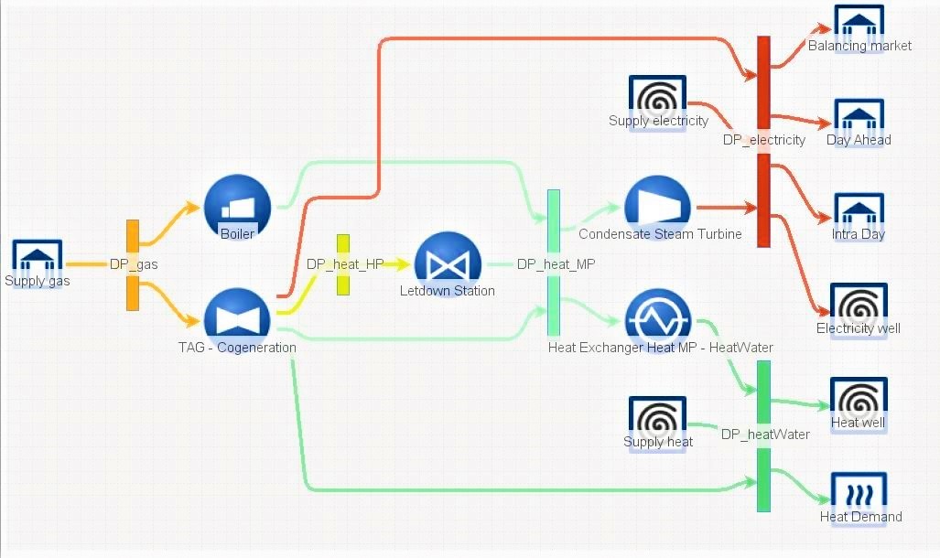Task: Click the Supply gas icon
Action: [38, 259]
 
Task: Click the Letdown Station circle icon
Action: [448, 263]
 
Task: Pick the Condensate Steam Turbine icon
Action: [657, 207]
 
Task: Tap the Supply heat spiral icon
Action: [657, 419]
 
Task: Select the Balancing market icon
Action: [859, 24]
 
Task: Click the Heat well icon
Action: [859, 400]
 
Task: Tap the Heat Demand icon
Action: [859, 494]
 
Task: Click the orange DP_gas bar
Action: [133, 265]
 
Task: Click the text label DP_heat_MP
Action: [556, 264]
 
